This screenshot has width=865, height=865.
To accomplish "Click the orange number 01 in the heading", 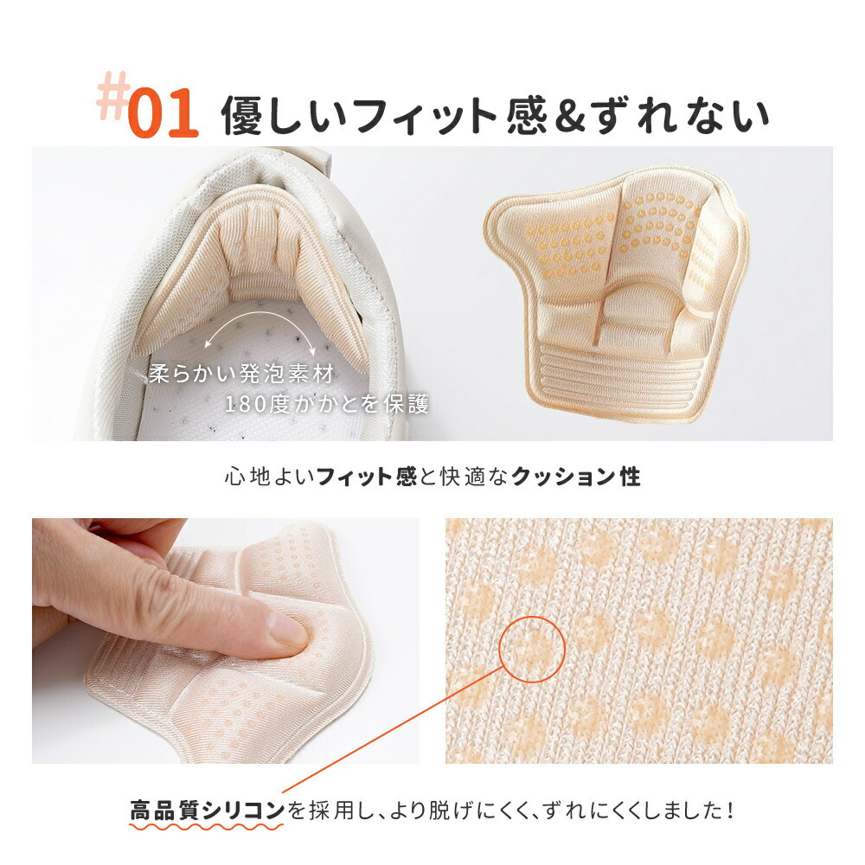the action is [x=163, y=113].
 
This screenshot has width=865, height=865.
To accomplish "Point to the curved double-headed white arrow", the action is [x=259, y=318].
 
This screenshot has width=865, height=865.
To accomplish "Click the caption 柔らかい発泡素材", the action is [x=241, y=374].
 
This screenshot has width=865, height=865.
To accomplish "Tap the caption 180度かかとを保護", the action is [x=327, y=404].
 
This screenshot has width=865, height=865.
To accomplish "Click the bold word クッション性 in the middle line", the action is [x=575, y=476].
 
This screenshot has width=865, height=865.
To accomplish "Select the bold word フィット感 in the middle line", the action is [x=366, y=476].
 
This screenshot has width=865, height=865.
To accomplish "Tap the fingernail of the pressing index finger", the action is [x=287, y=630].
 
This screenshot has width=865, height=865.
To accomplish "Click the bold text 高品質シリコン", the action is [x=207, y=811].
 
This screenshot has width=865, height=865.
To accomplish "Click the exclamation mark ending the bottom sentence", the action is [x=730, y=811].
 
